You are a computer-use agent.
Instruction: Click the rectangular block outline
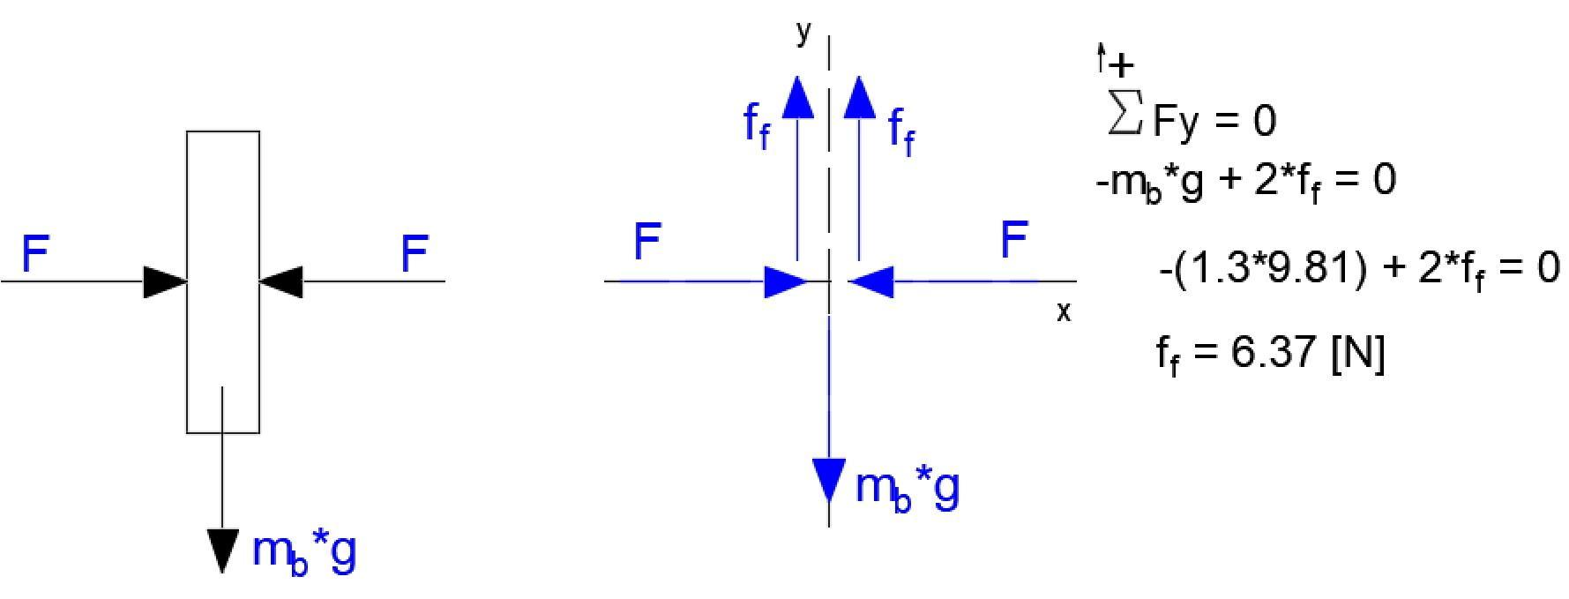pos(223,282)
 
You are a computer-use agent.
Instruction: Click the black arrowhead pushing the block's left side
pos(166,281)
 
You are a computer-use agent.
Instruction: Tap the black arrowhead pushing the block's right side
pos(281,281)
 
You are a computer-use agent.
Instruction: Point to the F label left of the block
pos(35,253)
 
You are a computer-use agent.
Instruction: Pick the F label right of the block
pos(415,253)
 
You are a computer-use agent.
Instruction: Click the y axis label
pos(803,32)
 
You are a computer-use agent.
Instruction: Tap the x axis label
pos(1064,311)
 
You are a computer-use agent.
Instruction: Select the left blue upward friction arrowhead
pos(798,96)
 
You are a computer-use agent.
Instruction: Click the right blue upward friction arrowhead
pos(859,96)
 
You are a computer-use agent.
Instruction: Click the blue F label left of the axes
pos(647,241)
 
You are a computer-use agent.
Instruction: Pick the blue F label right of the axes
pos(1014,240)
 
